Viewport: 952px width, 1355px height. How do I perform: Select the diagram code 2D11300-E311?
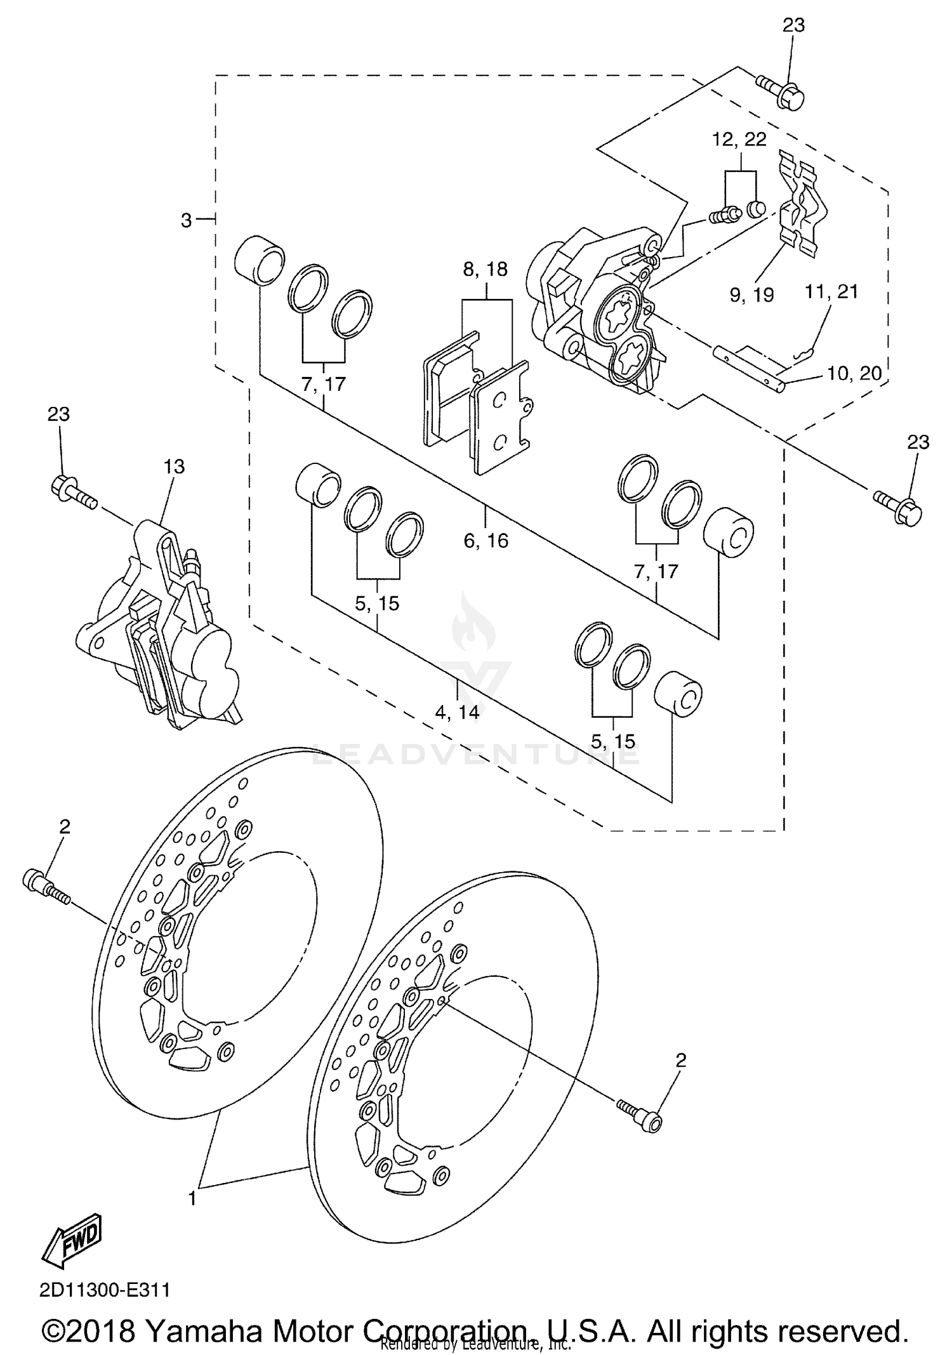tap(105, 1290)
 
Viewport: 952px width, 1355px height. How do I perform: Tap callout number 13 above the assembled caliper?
tap(174, 466)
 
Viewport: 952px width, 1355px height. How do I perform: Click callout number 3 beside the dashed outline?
tap(186, 220)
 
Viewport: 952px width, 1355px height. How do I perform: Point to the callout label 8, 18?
tap(486, 269)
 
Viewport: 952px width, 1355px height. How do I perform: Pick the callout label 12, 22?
tap(739, 139)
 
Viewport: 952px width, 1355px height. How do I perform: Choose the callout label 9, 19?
tap(751, 294)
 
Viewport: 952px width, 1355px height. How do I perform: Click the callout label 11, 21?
tap(831, 292)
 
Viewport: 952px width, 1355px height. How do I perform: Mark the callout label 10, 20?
tap(854, 374)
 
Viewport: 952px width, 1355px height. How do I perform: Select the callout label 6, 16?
tap(486, 540)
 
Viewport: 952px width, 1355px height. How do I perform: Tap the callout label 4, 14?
tap(457, 712)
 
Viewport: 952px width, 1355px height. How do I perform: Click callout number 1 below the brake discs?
tap(192, 1198)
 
